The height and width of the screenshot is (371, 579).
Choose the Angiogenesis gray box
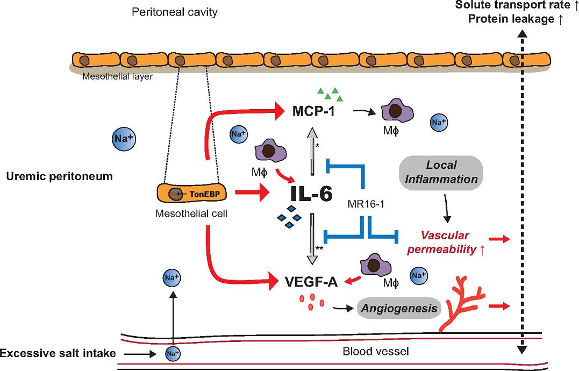pyautogui.click(x=398, y=309)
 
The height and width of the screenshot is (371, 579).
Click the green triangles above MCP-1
pyautogui.click(x=330, y=94)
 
